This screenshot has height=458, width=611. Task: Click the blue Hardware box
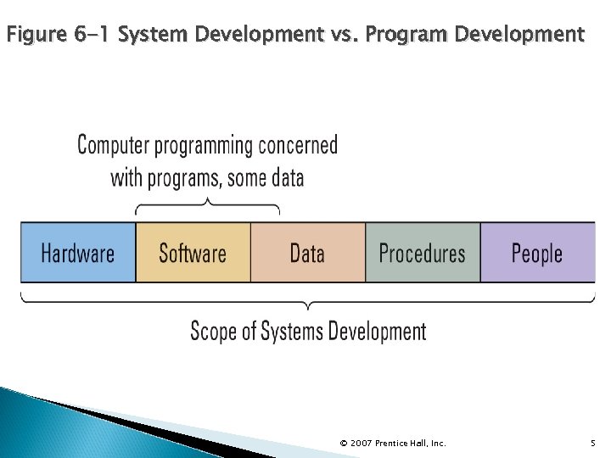tap(78, 253)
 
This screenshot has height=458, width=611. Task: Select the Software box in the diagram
tap(193, 253)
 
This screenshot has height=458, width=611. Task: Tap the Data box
tap(307, 253)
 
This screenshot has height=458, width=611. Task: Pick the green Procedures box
tap(422, 253)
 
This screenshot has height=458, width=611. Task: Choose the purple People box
tap(537, 253)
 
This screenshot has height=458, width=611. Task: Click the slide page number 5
tap(591, 443)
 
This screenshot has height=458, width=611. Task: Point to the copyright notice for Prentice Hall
tap(392, 443)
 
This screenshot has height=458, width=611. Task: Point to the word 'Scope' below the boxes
tap(212, 330)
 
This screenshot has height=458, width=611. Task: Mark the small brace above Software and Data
tap(207, 206)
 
